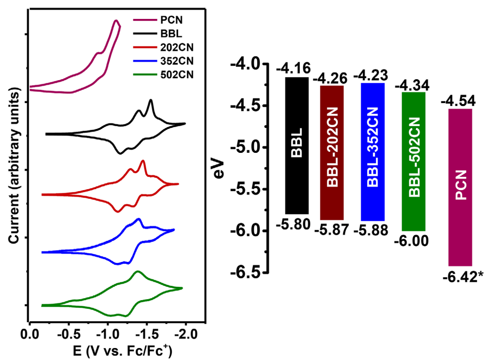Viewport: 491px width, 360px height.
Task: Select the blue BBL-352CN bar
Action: click(373, 151)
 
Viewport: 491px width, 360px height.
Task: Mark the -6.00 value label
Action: click(411, 242)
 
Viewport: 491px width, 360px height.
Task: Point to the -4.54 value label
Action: click(459, 102)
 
